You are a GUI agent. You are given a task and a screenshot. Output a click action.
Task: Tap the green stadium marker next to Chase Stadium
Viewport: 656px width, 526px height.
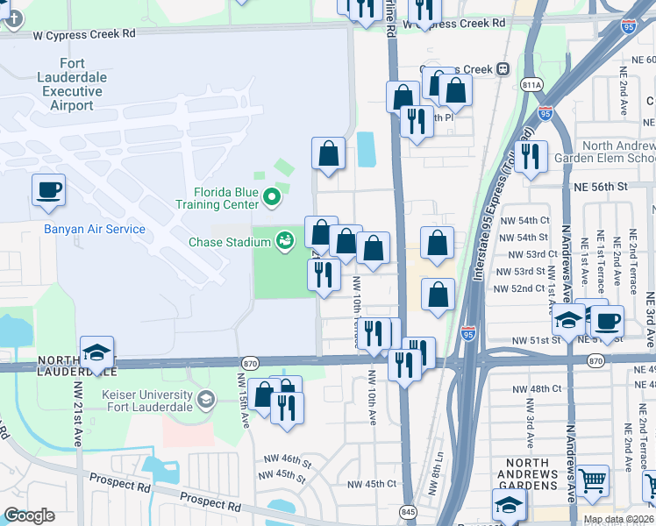click(285, 240)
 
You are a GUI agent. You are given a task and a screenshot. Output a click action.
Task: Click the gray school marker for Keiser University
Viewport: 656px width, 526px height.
click(205, 401)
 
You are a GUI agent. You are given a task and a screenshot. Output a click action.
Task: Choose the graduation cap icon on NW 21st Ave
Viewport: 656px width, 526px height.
click(97, 352)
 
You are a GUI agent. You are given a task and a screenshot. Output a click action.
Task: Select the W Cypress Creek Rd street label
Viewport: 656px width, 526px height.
click(84, 33)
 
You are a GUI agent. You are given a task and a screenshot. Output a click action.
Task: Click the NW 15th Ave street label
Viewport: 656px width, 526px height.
click(242, 399)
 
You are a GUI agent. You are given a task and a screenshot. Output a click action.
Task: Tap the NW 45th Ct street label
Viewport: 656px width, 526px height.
click(372, 484)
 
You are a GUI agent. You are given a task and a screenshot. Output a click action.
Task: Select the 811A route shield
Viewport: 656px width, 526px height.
click(531, 84)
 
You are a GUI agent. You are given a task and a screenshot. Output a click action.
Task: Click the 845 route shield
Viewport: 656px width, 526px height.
click(408, 510)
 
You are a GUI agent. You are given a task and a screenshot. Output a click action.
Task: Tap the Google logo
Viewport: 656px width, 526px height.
click(30, 515)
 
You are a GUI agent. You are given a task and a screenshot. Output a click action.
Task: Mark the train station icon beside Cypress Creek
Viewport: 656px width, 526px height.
click(503, 69)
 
